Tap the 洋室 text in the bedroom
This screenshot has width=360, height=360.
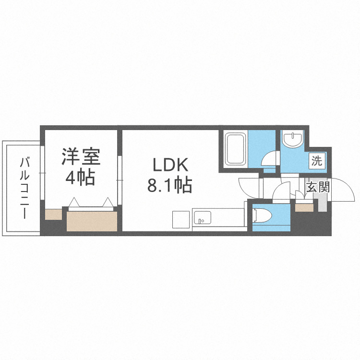point(80,158)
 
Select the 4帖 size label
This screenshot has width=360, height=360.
point(80,178)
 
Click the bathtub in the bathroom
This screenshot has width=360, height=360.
point(236,148)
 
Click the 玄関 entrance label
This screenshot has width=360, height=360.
point(318,187)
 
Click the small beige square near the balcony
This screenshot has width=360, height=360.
point(53,214)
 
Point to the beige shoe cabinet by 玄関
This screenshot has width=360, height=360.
point(304,207)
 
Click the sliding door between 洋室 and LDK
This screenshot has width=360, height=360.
point(120,180)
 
